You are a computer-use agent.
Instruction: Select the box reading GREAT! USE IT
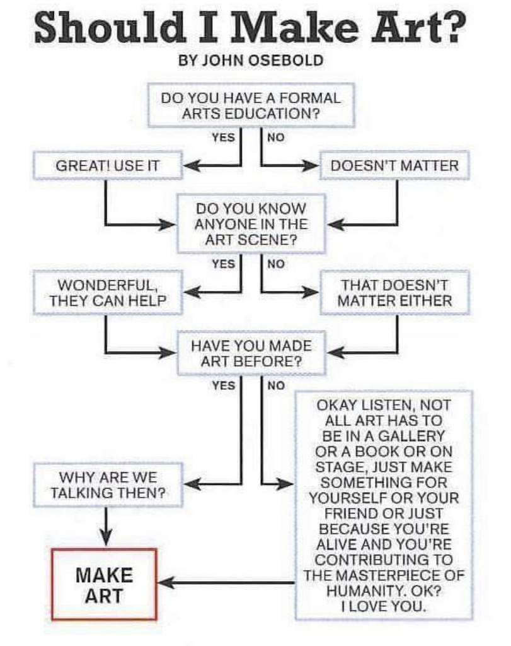coord(108,166)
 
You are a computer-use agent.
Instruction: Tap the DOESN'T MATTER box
coord(394,166)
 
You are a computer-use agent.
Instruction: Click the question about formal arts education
coord(251,105)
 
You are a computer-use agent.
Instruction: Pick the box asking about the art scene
coord(251,224)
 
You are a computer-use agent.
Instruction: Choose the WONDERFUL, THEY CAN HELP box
coord(108,293)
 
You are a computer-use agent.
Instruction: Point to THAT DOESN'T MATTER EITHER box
coord(394,293)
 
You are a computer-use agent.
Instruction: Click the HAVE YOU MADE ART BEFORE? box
coord(251,353)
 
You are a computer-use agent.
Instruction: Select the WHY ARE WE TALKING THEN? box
coord(108,485)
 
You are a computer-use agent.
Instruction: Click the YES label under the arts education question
coord(224,137)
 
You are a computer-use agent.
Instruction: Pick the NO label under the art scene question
coord(276,264)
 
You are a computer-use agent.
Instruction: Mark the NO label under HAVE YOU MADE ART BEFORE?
coord(276,385)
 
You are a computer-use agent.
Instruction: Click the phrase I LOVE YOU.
coord(384,606)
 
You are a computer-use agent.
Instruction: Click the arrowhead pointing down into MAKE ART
coord(106,539)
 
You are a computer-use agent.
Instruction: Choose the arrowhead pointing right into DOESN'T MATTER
coord(311,166)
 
